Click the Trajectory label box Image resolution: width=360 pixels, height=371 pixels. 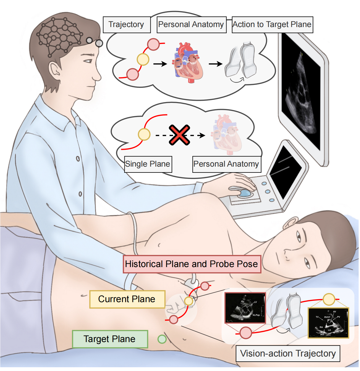[x=127, y=25]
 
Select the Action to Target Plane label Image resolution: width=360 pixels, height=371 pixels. [x=272, y=25]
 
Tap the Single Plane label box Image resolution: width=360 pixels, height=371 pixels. [x=148, y=164]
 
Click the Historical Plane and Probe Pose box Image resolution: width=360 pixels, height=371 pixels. [x=192, y=264]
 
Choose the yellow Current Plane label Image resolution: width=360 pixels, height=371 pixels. [x=127, y=299]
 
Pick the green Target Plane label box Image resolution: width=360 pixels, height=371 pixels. [x=110, y=339]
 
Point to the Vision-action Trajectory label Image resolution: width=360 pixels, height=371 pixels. [x=288, y=354]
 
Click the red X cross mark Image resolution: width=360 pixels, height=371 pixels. [x=179, y=135]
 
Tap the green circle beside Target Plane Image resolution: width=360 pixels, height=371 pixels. [x=162, y=339]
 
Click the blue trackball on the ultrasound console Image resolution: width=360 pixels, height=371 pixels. [x=244, y=193]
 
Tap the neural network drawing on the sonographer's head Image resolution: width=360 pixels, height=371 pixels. [x=60, y=36]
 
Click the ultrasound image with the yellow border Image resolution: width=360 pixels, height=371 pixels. [x=328, y=323]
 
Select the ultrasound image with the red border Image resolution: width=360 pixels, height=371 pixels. [x=245, y=308]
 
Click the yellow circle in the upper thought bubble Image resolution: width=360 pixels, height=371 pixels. [x=143, y=59]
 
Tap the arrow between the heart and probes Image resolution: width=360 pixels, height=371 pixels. [x=216, y=64]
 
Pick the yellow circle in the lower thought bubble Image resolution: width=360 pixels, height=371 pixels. [x=144, y=134]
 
